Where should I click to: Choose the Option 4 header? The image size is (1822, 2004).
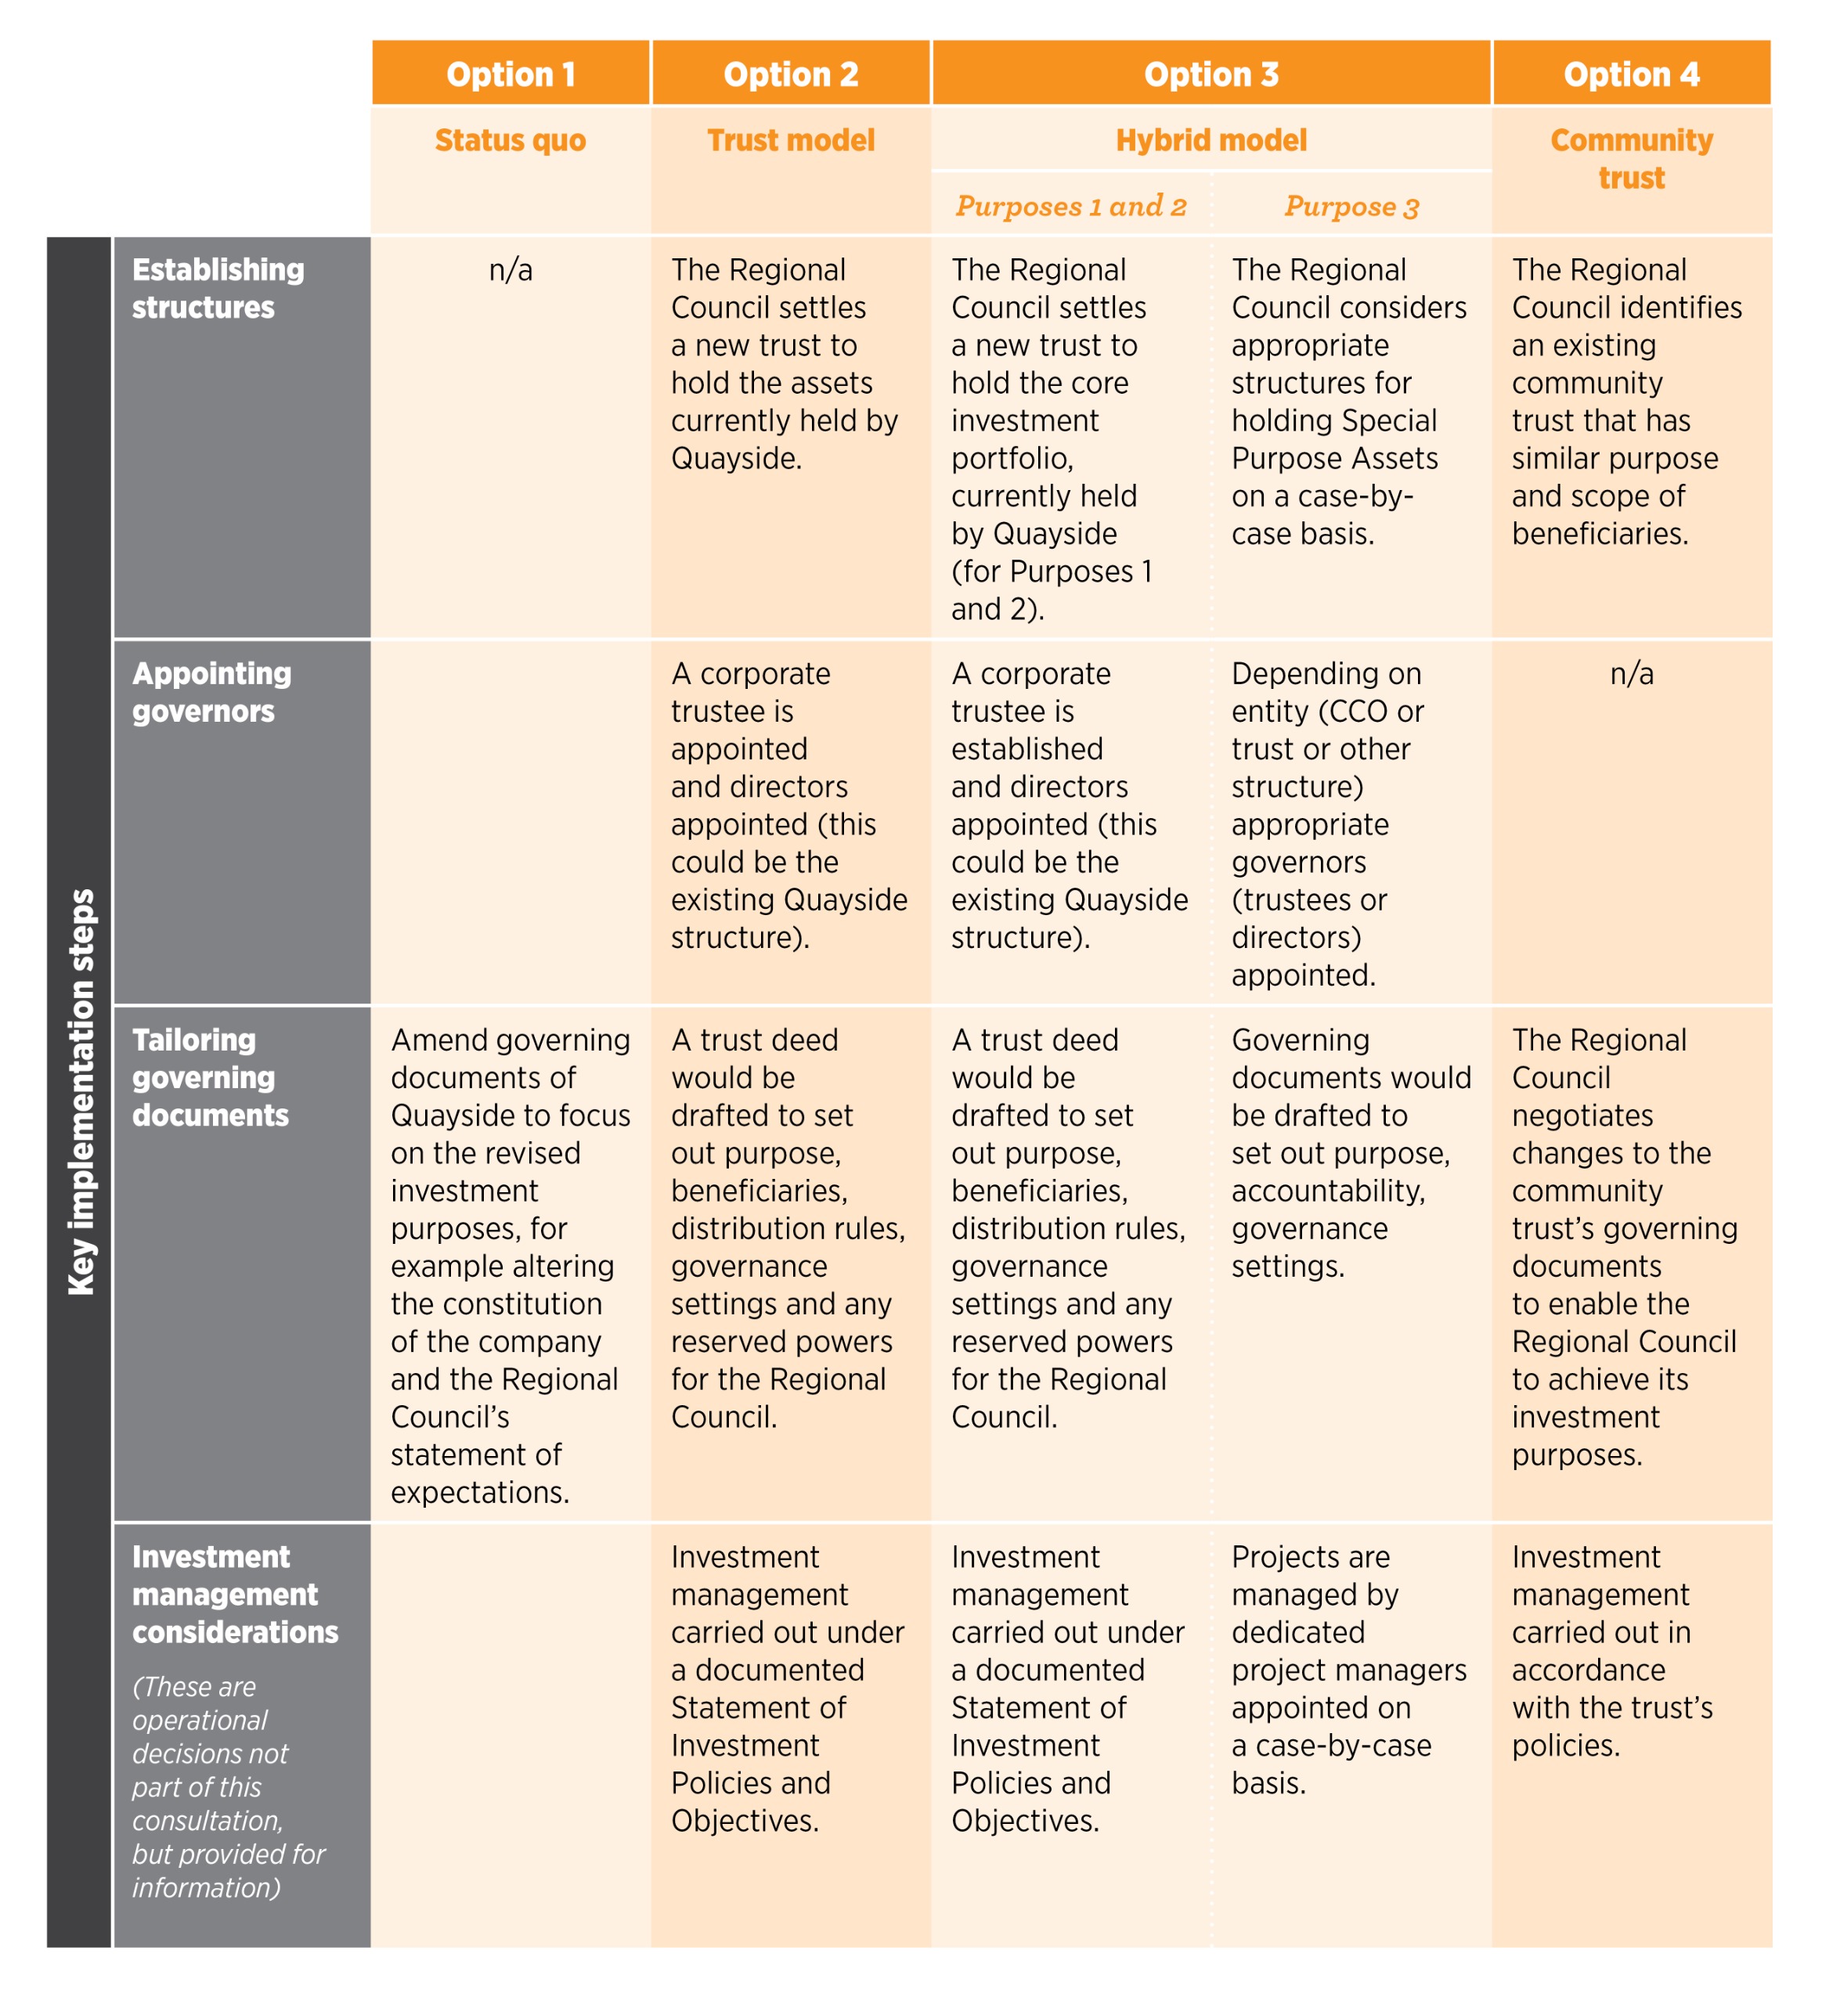point(1631,74)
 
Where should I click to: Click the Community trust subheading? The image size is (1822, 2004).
point(1631,159)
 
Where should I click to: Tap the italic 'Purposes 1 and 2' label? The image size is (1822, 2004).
point(1070,206)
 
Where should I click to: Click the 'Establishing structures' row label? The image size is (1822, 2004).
point(218,288)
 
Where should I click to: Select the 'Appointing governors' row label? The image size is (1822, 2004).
point(211,692)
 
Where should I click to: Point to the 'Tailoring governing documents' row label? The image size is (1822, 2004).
point(210,1078)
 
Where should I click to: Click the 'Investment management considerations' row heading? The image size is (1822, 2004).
point(235,1595)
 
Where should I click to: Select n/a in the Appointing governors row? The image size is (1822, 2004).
point(1631,673)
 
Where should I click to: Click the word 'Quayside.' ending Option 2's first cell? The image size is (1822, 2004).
point(735,458)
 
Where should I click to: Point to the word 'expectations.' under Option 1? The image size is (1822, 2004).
point(479,1492)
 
